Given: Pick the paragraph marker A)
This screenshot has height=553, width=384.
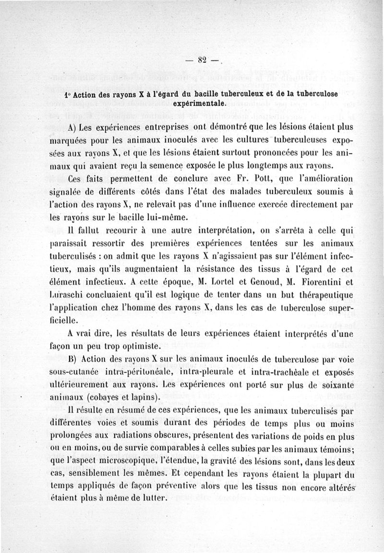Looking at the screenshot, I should click(73, 127).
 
